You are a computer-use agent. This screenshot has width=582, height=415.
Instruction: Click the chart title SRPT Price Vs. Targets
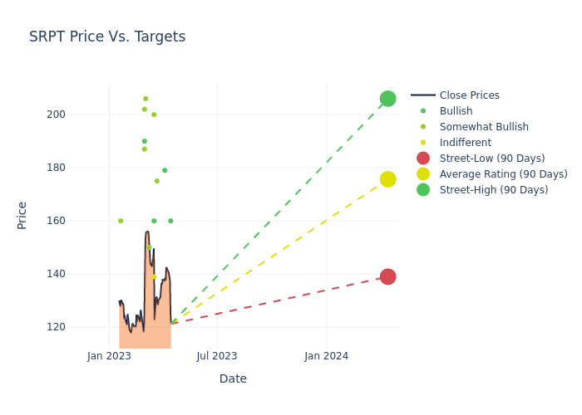click(107, 37)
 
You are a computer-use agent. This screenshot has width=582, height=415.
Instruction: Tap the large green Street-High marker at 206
click(387, 99)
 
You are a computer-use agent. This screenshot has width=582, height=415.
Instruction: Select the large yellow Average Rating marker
click(387, 179)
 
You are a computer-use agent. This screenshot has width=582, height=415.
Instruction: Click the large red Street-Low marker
click(387, 276)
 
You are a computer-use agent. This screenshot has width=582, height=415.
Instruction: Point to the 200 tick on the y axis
click(79, 115)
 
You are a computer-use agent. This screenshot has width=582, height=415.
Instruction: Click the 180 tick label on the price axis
click(79, 168)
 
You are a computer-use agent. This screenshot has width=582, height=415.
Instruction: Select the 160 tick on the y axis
click(79, 221)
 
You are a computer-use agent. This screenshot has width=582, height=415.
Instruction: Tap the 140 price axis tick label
click(79, 274)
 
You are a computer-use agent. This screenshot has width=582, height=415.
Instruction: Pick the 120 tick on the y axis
click(79, 327)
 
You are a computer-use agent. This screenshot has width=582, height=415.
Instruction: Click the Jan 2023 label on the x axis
click(109, 356)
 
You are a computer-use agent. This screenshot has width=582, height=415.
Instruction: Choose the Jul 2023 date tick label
click(217, 356)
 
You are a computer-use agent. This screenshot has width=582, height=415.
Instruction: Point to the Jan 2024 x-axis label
click(326, 356)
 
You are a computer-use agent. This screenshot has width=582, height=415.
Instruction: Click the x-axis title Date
click(233, 378)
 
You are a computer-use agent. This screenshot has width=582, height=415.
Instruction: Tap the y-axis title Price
click(22, 215)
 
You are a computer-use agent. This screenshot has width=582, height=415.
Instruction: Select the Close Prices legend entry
click(469, 95)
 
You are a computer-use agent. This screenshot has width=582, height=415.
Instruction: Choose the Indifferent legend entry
click(465, 143)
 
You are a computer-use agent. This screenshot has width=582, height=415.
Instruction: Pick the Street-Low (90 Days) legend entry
click(491, 159)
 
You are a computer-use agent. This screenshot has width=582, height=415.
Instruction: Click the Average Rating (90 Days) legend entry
click(503, 174)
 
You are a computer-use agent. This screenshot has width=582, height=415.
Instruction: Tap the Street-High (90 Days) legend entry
click(493, 190)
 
